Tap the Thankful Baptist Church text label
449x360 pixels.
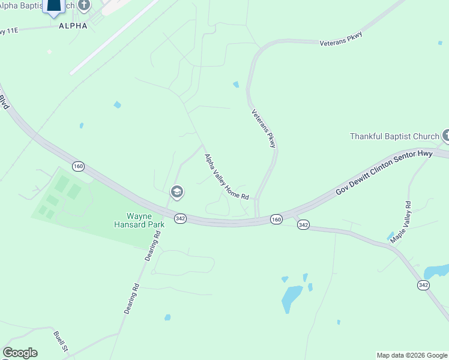point(394,137)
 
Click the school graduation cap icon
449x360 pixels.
point(176,192)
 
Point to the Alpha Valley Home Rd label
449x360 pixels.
point(226,177)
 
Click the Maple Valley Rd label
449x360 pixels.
point(400,222)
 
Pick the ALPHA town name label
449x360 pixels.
point(73,26)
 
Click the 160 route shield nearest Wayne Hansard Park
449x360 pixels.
point(79,166)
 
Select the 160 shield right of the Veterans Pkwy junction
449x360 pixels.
point(276,220)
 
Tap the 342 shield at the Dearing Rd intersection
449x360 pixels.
point(180,218)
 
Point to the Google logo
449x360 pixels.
point(20,353)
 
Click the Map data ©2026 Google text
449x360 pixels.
point(412,355)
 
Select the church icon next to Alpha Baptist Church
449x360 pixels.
point(85,5)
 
